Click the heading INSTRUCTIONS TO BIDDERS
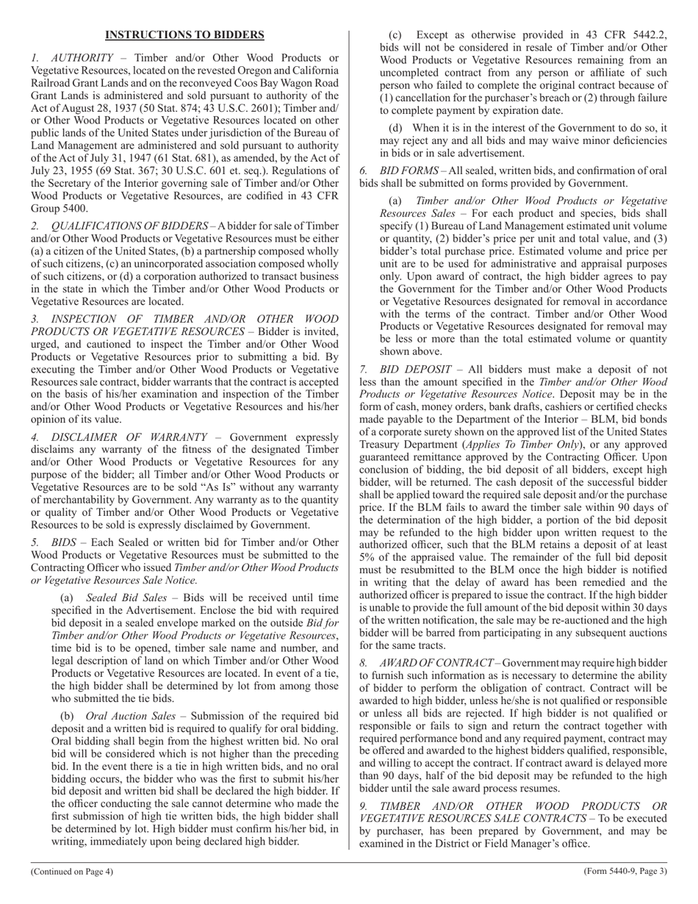184,35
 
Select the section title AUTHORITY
82,58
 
